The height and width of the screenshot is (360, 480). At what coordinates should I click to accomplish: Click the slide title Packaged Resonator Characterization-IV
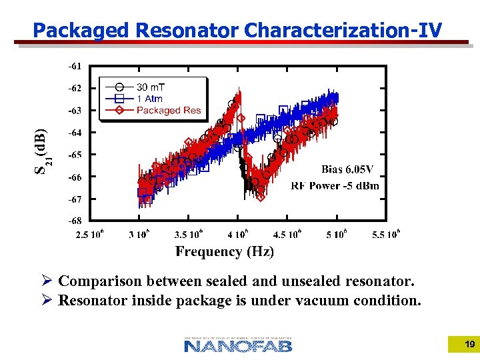(x=237, y=30)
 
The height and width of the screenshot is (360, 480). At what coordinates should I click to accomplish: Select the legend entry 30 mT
(x=151, y=87)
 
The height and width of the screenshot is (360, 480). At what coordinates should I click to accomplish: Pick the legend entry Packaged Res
(x=168, y=110)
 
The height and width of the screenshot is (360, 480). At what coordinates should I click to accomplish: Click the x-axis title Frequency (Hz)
(x=225, y=251)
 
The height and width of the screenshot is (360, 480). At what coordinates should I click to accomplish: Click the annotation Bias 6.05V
(x=347, y=169)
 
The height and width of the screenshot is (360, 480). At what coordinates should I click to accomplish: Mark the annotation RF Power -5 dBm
(x=335, y=185)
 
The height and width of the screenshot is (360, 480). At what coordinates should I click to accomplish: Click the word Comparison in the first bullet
(x=100, y=281)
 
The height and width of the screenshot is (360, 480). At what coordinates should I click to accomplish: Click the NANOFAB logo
(x=238, y=344)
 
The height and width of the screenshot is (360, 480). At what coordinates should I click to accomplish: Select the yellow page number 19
(x=469, y=344)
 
